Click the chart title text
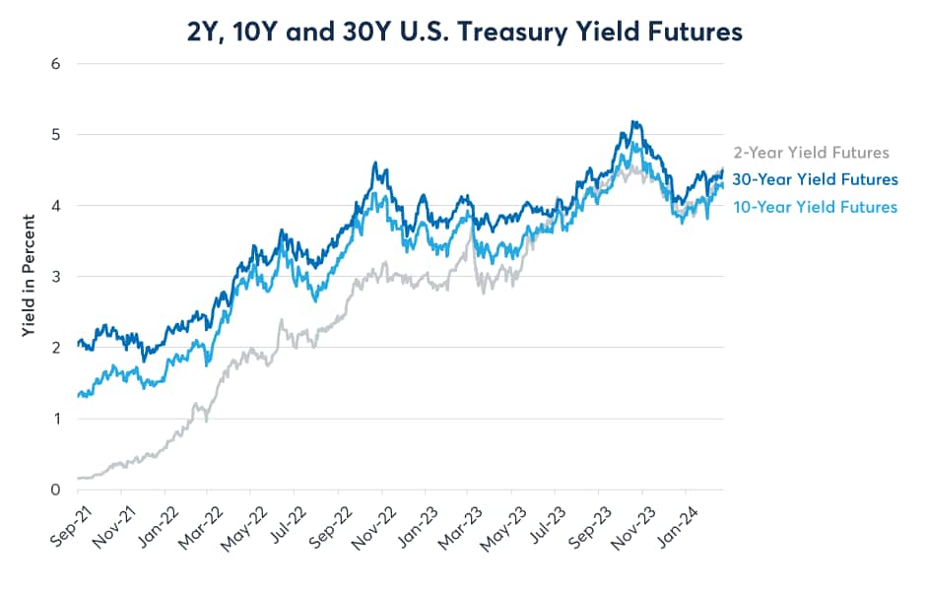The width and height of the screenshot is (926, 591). (462, 32)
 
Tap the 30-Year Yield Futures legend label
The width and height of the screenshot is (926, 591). (815, 179)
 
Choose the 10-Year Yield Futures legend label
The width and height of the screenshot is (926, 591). (815, 207)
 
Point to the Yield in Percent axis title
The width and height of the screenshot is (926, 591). (31, 277)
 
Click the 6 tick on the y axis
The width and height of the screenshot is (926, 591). (56, 64)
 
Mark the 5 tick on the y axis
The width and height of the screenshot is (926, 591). (56, 135)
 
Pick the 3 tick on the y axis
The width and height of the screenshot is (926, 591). (56, 277)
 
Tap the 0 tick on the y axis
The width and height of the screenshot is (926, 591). (56, 490)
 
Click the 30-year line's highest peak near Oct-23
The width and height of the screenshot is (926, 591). (635, 122)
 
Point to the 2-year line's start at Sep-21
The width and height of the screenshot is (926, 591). (79, 479)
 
